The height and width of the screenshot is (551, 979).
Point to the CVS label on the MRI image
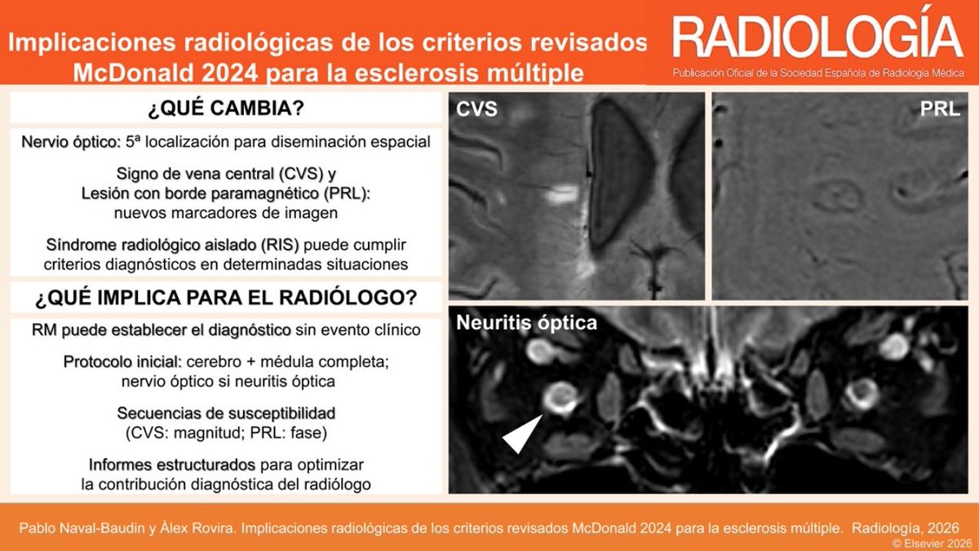coord(477,109)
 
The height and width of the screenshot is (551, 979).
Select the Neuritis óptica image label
coord(526,323)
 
